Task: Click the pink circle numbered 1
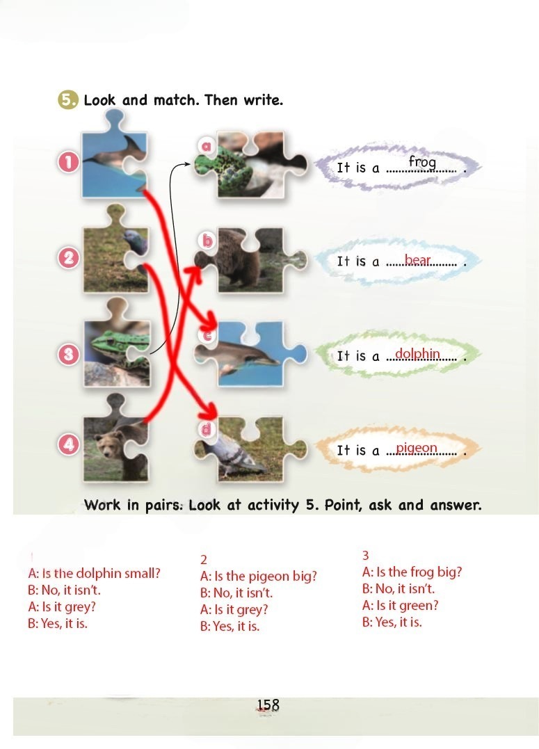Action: [68, 163]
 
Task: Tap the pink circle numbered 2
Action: [68, 258]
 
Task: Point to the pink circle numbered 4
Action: [68, 445]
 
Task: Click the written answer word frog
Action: [422, 163]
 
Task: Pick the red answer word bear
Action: [417, 260]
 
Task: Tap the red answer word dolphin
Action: [417, 353]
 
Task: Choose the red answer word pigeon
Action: [417, 449]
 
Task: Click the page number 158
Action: [268, 705]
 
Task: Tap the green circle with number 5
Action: [67, 100]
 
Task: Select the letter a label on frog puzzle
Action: [206, 145]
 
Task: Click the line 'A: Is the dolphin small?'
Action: [94, 573]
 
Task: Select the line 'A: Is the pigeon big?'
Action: [259, 576]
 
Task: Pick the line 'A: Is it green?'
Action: [400, 606]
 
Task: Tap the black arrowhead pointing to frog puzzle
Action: [187, 164]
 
